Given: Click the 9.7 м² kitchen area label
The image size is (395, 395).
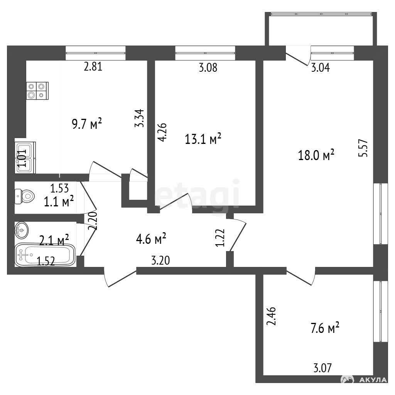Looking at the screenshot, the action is coord(87,124).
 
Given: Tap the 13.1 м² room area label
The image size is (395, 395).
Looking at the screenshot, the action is coord(203,138).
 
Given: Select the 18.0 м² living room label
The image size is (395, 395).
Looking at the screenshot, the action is coord(316,155).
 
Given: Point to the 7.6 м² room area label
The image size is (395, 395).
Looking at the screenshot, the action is coord(325,328).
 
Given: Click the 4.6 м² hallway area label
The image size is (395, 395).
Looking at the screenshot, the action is coord(151,238).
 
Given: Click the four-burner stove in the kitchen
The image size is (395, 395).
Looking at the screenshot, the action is coord(37,91).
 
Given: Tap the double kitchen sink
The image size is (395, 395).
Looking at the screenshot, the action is coord(25,157).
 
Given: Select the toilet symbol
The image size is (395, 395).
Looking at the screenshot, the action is coord(25,196).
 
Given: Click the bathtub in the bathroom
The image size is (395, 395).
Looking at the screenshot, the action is coord(45,255).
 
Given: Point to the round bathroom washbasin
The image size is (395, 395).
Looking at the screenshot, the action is coord(22,230).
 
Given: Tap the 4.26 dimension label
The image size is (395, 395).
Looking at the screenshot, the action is coord(162,132).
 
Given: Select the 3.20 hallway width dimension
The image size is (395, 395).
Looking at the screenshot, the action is coord(160,260).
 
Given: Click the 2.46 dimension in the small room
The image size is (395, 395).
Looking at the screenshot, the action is coord(271,316).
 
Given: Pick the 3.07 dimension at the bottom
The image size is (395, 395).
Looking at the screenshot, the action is coord(323,368).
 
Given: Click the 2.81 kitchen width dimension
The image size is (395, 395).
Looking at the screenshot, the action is coord(93,67).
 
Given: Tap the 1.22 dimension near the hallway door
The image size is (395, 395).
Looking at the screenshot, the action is coord(220,238).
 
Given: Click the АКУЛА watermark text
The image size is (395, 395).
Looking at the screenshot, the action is coord(376,380).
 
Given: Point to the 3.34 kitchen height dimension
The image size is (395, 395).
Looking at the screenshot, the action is coord(139,118).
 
